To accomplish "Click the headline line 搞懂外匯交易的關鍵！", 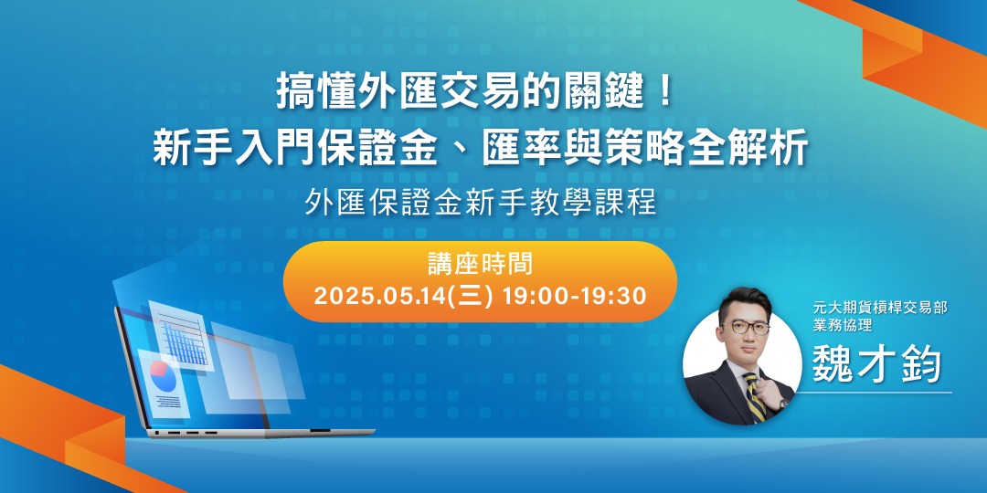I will pyautogui.click(x=475, y=92).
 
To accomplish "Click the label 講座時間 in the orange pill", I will pyautogui.click(x=481, y=265).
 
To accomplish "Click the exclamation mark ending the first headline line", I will pyautogui.click(x=664, y=92).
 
